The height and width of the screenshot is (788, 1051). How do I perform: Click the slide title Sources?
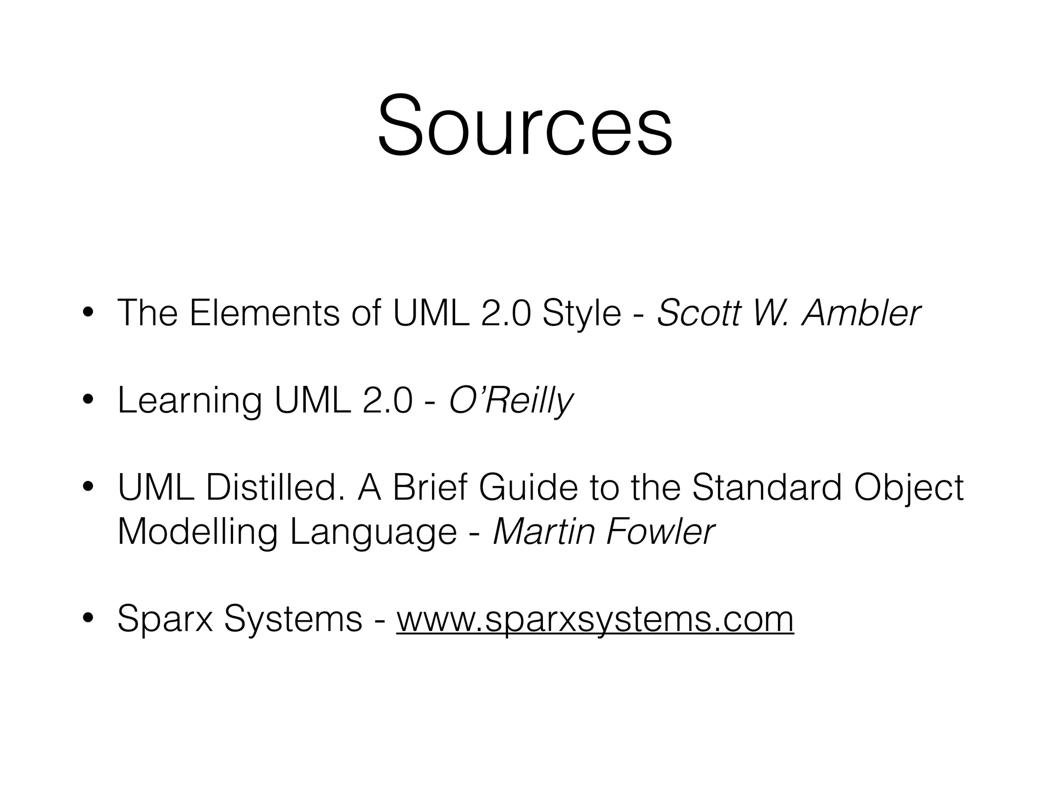pos(524,126)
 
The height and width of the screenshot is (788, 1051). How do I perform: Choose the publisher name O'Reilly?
pos(511,401)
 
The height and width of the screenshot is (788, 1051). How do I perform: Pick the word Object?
pos(908,488)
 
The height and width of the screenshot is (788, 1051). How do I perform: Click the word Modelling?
pos(198,532)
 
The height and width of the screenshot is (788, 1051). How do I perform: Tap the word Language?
pos(373,533)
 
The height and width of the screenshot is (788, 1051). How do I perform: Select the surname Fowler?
pos(660,532)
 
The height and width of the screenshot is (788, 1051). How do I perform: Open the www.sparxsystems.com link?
pos(595,620)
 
